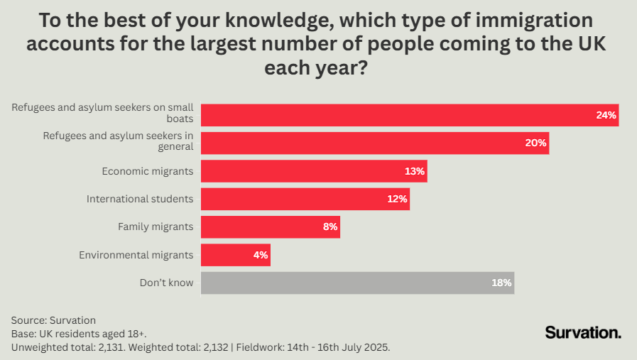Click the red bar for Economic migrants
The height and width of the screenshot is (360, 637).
point(312,171)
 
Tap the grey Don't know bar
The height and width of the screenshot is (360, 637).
point(355,283)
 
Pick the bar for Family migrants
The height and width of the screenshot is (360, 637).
point(270,227)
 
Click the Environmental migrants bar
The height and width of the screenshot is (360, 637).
point(234,255)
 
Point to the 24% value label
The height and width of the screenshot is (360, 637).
point(606,115)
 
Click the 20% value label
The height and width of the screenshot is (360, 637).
point(536,143)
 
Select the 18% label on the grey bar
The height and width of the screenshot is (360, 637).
point(501,283)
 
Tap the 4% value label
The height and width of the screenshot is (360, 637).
point(259,255)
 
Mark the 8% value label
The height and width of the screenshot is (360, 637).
point(329,227)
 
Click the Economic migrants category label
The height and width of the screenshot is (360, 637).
point(147,171)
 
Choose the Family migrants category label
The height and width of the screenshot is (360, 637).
point(156,227)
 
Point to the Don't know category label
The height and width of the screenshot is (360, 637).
point(166,283)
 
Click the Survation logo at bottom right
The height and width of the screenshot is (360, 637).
point(583,332)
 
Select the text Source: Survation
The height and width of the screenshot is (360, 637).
point(53,320)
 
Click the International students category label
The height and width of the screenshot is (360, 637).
point(140,199)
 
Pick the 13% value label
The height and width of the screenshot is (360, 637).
point(415,171)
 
